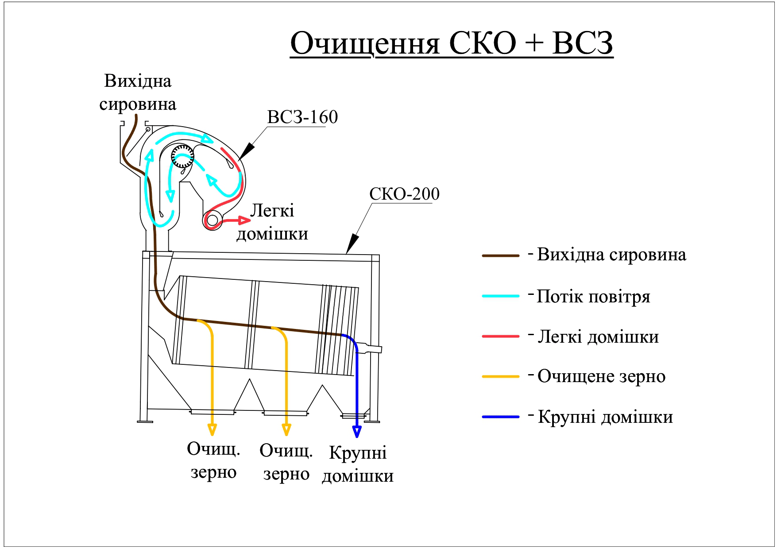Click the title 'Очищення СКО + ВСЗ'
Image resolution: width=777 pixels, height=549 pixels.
[x=452, y=43]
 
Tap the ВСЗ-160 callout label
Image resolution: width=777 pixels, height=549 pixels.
[x=302, y=117]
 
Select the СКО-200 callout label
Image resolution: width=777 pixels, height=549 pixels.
[x=404, y=194]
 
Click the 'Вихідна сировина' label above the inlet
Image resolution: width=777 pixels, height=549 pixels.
[x=138, y=93]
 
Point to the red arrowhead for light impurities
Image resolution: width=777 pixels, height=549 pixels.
[x=244, y=220]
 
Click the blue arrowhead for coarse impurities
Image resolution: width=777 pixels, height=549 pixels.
[x=357, y=431]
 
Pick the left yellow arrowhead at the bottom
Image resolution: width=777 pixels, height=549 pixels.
[x=212, y=429]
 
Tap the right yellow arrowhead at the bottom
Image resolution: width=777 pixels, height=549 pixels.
[x=286, y=429]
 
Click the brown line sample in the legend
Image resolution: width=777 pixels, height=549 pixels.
[x=500, y=256]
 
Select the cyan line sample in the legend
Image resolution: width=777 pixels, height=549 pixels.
[x=500, y=296]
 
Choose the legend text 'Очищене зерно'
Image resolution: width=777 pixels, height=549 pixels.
[x=601, y=376]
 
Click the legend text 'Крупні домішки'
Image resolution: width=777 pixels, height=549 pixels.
[x=605, y=417]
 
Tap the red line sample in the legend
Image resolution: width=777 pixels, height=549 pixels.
[x=500, y=336]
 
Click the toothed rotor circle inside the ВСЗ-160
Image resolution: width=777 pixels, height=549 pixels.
[x=182, y=156]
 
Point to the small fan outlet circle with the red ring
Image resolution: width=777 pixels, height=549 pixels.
[x=213, y=220]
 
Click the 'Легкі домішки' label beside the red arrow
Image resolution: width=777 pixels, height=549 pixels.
[x=272, y=222]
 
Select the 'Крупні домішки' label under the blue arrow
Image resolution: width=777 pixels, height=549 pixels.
[x=358, y=464]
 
